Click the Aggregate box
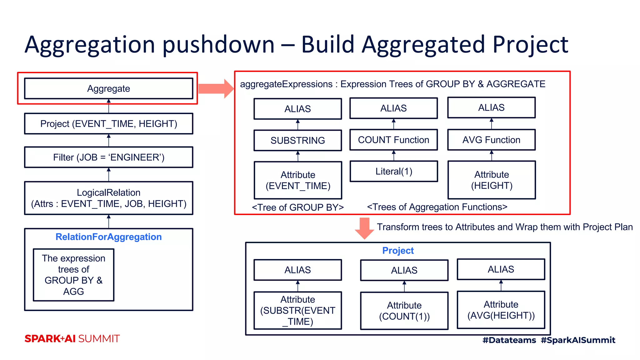tap(108, 88)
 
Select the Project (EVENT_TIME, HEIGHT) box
tap(108, 124)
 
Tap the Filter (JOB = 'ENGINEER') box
tap(108, 157)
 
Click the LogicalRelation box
tap(108, 198)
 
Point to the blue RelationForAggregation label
tap(108, 237)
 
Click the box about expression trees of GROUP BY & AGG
tap(73, 275)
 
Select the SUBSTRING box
tap(297, 140)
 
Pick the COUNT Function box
tap(393, 140)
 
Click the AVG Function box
tap(491, 140)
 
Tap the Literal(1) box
tap(393, 171)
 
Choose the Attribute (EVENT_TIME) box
tap(297, 180)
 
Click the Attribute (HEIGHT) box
tap(491, 180)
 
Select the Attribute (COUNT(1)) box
tap(404, 311)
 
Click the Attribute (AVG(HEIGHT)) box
tap(501, 310)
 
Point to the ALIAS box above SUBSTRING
tap(297, 109)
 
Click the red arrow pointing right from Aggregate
tap(216, 89)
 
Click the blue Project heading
tap(398, 250)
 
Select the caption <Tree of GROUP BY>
tap(297, 207)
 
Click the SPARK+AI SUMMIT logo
tap(72, 338)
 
